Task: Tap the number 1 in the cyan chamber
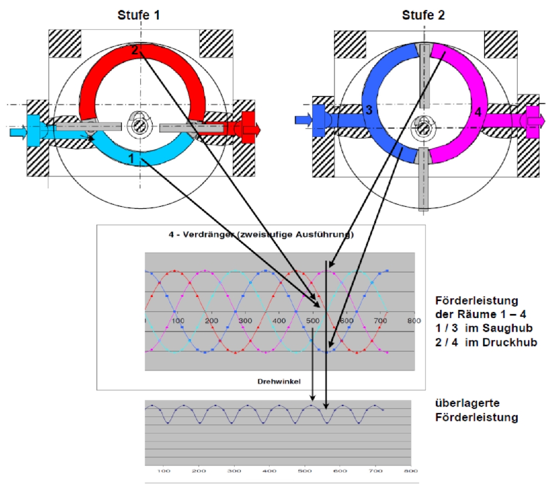131,159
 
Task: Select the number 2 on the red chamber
134,50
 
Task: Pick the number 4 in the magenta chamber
477,112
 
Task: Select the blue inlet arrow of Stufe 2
302,120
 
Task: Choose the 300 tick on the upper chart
245,321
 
